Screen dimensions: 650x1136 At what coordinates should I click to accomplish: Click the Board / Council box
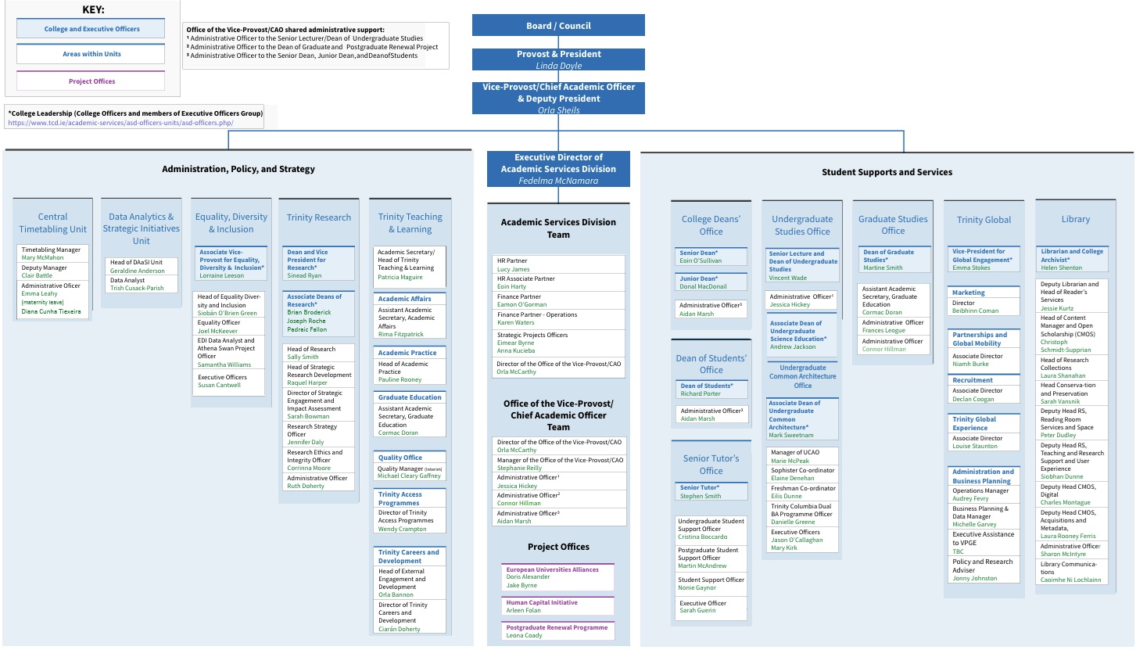[x=558, y=26]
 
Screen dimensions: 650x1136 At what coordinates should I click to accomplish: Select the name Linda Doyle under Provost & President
[x=558, y=66]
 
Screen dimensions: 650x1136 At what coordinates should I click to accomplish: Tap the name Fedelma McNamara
[x=558, y=181]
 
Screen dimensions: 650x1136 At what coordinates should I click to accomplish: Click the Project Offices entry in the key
[x=91, y=81]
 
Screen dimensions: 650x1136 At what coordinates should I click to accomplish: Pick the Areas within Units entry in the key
[x=91, y=54]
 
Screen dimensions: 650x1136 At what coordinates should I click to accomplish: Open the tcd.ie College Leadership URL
[x=120, y=123]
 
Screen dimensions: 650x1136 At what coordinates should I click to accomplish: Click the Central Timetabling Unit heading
[x=52, y=223]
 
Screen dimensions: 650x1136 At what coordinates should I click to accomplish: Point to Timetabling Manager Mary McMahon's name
[x=43, y=257]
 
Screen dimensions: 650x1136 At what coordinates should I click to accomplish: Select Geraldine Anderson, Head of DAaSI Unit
[x=138, y=271]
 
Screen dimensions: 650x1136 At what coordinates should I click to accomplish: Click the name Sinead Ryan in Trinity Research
[x=304, y=275]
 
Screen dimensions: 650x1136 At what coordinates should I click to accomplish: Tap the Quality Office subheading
[x=400, y=458]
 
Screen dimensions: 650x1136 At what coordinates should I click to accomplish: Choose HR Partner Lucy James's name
[x=514, y=269]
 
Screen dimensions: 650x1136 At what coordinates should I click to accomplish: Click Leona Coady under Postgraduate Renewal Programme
[x=524, y=635]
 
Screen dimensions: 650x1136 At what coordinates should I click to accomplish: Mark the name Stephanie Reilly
[x=519, y=469]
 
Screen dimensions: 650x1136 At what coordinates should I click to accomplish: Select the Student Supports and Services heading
[x=887, y=172]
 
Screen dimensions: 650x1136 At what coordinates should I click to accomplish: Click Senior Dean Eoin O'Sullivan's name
[x=701, y=260]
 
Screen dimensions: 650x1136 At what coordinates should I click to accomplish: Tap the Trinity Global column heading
[x=984, y=220]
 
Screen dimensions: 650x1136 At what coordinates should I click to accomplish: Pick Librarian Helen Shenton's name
[x=1061, y=268]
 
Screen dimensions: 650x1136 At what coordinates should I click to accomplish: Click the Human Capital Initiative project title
[x=542, y=602]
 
